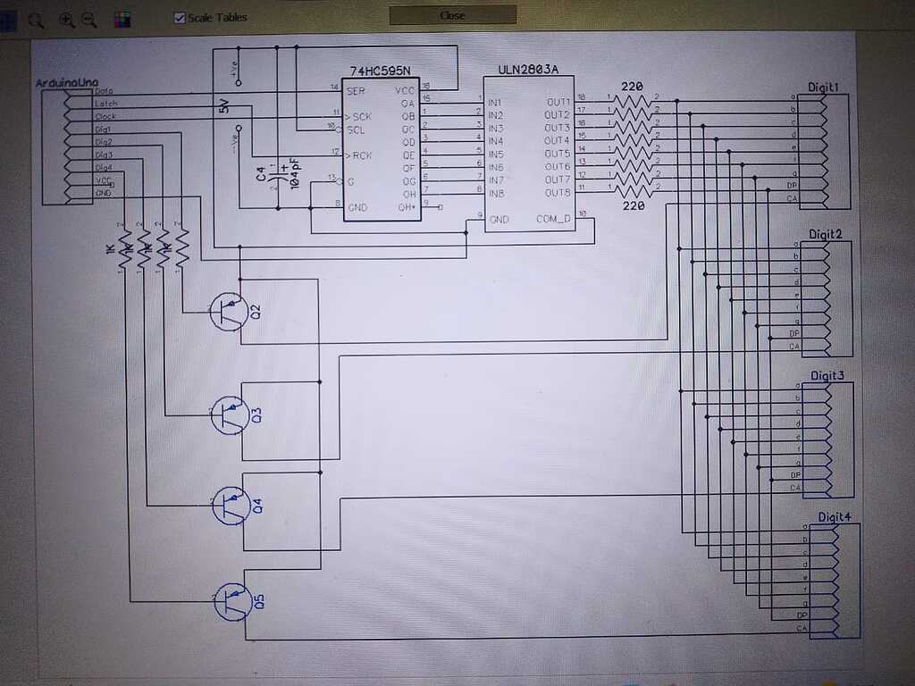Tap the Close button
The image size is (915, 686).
click(x=452, y=15)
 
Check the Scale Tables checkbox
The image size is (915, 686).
click(x=180, y=17)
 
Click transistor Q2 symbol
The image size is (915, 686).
click(x=229, y=311)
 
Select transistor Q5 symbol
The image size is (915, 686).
click(x=231, y=601)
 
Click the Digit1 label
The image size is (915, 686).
click(x=823, y=87)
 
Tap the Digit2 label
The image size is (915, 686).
click(x=826, y=234)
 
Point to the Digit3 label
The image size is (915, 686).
click(x=827, y=376)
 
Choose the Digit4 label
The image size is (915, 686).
click(x=835, y=517)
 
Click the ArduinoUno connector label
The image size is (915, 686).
click(x=65, y=82)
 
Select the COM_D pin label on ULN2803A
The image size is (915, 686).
click(x=553, y=219)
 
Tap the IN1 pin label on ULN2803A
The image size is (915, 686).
click(x=495, y=103)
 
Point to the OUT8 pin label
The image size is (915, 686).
click(x=558, y=193)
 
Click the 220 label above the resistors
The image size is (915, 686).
click(x=632, y=87)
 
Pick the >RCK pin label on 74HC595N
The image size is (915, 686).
click(x=358, y=155)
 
